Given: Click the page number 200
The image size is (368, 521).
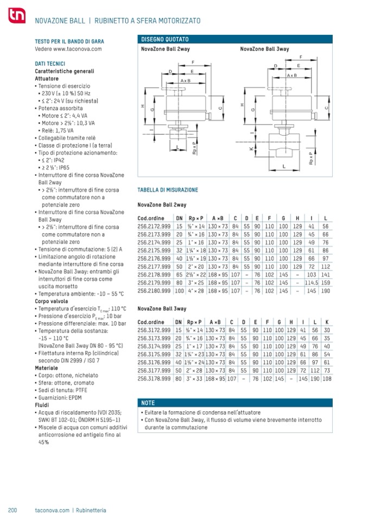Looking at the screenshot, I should point(14,510).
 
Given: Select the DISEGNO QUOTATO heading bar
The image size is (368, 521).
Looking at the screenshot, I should point(233,40).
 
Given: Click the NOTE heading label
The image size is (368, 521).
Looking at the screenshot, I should point(148,403).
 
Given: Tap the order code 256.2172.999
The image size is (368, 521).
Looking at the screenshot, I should point(153,226).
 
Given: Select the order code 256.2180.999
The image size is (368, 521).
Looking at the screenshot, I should point(153,291).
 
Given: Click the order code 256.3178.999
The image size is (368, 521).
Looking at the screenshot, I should point(153,379).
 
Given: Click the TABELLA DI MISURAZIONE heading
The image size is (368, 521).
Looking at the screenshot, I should point(168,190).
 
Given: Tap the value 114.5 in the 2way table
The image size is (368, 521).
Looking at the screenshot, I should point(312,283).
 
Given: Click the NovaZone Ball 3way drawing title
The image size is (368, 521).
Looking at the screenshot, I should point(264,49).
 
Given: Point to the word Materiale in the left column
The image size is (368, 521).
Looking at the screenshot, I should point(46,368).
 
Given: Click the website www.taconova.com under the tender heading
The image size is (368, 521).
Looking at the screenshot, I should point(68,48).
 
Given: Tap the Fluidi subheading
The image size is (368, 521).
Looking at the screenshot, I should point(42,404).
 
